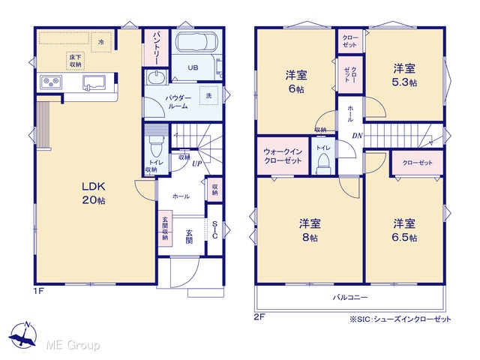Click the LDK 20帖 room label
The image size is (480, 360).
[x=93, y=193]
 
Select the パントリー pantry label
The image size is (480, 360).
[x=156, y=47]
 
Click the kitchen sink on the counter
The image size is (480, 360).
[x=94, y=83]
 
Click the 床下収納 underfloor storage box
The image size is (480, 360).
[x=75, y=61]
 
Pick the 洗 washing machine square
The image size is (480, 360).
[x=208, y=95]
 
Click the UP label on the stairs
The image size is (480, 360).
[x=196, y=163]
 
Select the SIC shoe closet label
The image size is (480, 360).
[x=215, y=229]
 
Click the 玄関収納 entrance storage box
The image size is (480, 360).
[x=165, y=228]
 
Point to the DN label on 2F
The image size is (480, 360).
[x=357, y=136]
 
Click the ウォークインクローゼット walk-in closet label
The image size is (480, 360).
[x=283, y=156]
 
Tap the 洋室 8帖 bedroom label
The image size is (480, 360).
[x=310, y=230]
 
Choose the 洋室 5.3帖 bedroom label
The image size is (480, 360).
[x=404, y=75]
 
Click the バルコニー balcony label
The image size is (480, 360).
[x=350, y=297]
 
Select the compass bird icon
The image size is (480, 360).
[x=22, y=335]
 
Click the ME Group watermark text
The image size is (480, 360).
[x=73, y=345]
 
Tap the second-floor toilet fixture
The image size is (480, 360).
[x=323, y=163]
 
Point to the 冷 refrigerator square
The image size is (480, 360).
[x=101, y=42]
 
